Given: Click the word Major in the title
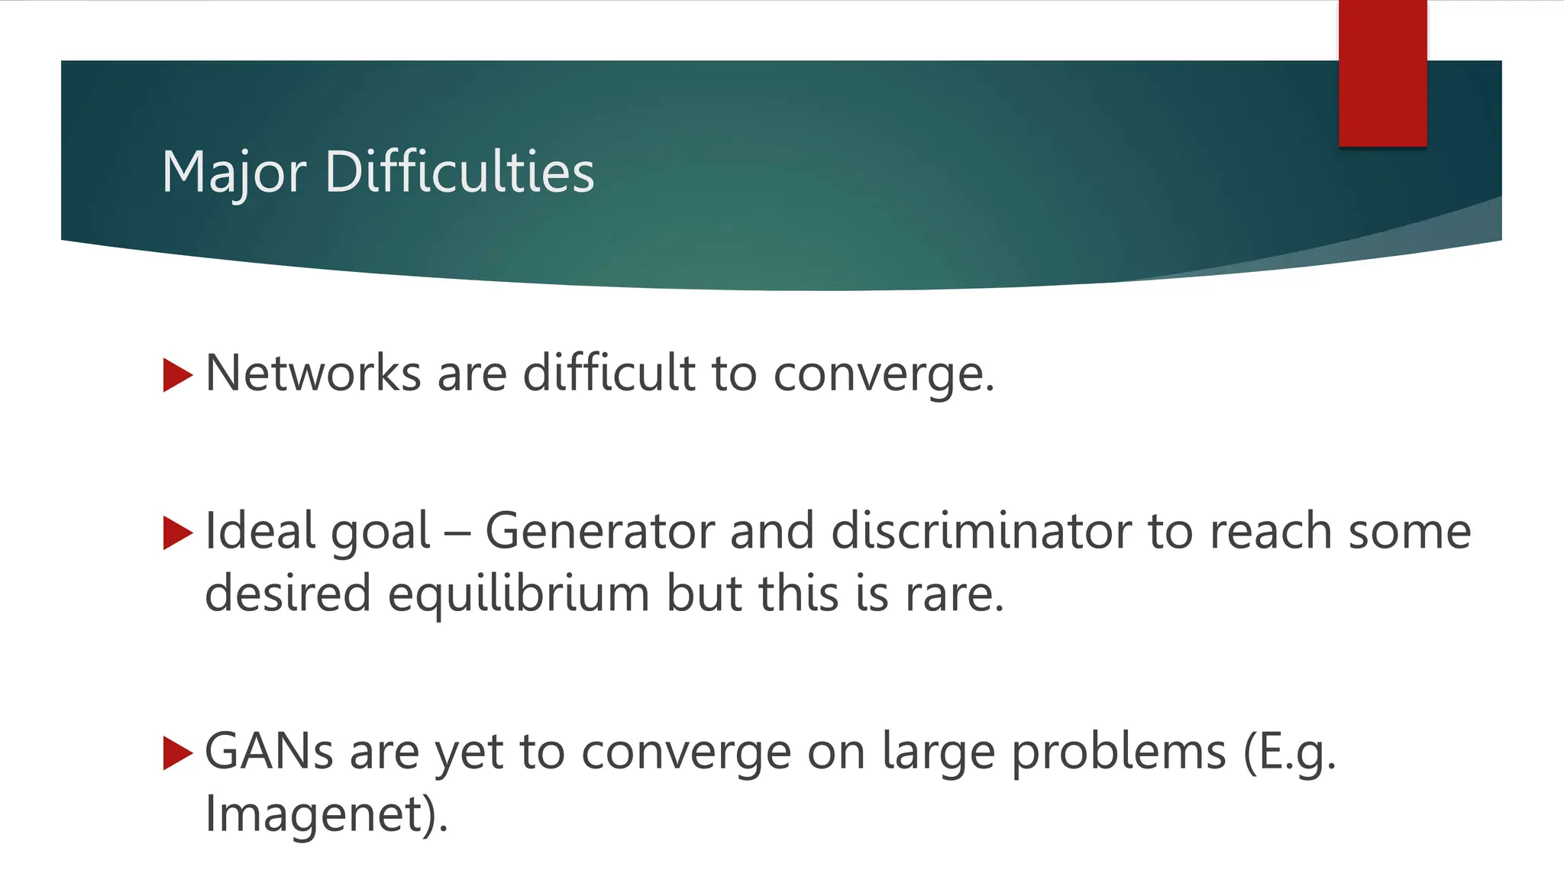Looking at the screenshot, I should [x=234, y=173].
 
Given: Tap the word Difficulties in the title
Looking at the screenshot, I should [x=459, y=171].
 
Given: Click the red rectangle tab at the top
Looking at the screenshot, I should [x=1382, y=73].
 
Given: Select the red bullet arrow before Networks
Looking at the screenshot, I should [x=177, y=376].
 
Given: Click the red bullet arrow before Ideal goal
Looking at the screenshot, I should [x=177, y=533].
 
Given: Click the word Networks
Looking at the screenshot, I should [x=313, y=374].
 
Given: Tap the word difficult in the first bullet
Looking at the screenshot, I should [x=609, y=374].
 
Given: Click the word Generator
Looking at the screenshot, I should [x=599, y=532].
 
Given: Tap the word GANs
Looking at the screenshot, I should [x=269, y=752].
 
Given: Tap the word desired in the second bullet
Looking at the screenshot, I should [x=288, y=594].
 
